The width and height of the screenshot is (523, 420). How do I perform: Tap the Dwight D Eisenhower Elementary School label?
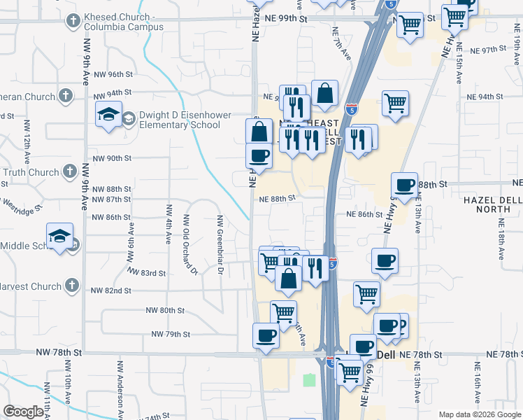171,120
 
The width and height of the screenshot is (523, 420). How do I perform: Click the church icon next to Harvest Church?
71,285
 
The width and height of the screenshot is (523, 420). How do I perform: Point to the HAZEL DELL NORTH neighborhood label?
493,204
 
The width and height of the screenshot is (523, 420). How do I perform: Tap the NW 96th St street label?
113,73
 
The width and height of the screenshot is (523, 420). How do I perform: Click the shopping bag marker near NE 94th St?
325,93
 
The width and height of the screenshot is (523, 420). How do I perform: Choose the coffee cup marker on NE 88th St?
404,185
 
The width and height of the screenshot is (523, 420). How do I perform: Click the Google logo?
23,412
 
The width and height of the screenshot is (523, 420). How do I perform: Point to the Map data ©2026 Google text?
479,414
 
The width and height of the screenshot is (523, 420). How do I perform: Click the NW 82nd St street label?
112,290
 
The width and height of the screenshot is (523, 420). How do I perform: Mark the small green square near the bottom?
309,380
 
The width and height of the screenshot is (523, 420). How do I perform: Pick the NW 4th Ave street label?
169,224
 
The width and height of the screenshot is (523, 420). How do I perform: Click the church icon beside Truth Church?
70,171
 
